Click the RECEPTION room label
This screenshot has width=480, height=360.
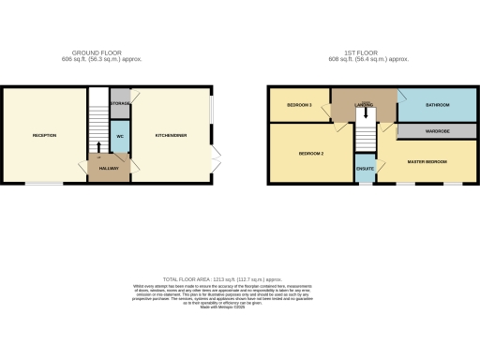(x=45, y=136)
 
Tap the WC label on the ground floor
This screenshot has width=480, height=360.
(x=120, y=137)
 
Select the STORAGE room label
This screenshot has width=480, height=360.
(x=120, y=102)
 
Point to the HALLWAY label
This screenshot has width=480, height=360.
(x=110, y=168)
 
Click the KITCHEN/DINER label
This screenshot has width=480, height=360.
(x=172, y=136)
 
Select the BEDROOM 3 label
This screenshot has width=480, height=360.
(x=299, y=104)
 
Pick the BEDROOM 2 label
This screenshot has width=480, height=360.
(x=311, y=153)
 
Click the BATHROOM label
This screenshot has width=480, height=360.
(x=437, y=104)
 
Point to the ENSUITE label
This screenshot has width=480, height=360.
(x=366, y=169)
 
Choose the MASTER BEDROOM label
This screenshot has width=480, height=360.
(x=427, y=162)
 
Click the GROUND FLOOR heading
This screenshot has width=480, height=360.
(x=97, y=52)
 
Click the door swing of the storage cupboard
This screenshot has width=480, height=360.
(x=135, y=97)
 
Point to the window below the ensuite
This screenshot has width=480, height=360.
(x=366, y=184)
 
